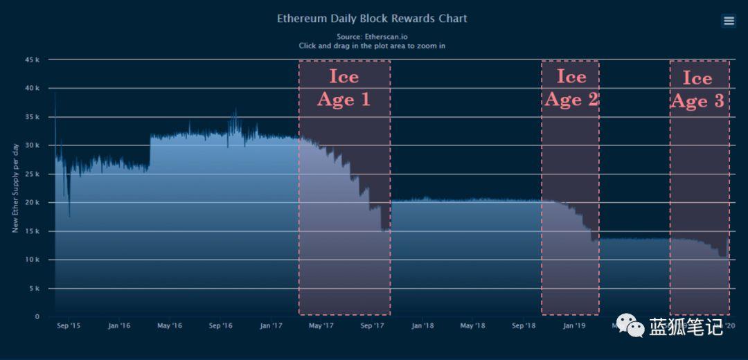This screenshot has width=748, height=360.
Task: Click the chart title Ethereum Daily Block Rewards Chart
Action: coord(372,19)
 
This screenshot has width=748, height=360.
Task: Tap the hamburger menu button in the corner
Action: coord(729,21)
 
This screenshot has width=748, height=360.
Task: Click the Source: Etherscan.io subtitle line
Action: coord(372,36)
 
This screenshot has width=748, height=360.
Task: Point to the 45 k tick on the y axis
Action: coord(33,60)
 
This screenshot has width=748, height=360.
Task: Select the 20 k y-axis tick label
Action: coord(33,203)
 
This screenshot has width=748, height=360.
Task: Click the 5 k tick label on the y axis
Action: coord(35,289)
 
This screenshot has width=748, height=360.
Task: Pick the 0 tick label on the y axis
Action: coord(37,317)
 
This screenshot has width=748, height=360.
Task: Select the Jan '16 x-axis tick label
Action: coord(119,325)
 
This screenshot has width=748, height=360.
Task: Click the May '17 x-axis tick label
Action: coord(321,325)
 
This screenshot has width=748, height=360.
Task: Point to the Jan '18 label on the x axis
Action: coord(422,325)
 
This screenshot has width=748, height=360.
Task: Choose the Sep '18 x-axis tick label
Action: coord(524,325)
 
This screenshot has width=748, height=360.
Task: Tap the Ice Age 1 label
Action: coord(344,87)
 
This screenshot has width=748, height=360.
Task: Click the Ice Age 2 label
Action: coord(571,87)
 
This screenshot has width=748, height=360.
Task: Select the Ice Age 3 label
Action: coord(697,89)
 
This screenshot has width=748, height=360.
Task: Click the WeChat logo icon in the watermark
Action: coord(630,325)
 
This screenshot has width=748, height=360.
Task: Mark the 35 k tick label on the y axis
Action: coord(33,117)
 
